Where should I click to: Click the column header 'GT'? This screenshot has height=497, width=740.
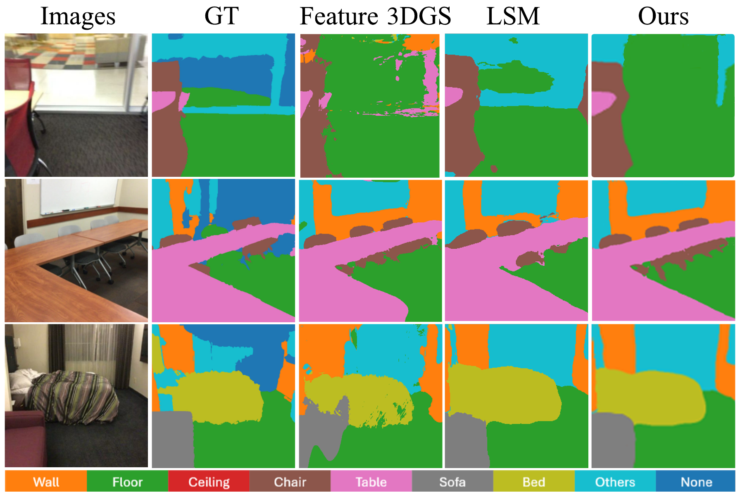(221, 16)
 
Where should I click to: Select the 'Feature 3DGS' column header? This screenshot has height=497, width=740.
(375, 16)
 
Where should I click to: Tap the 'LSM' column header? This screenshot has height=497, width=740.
(513, 16)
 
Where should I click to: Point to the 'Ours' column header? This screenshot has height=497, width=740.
(663, 16)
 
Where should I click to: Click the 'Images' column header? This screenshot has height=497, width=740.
(78, 16)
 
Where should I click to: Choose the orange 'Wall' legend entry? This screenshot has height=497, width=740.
(46, 482)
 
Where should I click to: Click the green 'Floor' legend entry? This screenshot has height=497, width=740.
(127, 482)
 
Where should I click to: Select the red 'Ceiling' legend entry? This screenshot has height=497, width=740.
(209, 482)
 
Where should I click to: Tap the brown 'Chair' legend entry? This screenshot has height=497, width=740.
(290, 482)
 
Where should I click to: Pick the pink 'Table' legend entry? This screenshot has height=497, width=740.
(371, 482)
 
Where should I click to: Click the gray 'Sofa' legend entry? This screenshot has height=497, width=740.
(452, 482)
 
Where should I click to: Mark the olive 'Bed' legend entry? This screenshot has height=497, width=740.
(533, 482)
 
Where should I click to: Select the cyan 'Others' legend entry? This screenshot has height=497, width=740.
(615, 482)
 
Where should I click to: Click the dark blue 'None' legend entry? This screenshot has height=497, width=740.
(696, 482)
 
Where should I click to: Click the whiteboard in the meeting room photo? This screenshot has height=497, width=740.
(79, 196)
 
